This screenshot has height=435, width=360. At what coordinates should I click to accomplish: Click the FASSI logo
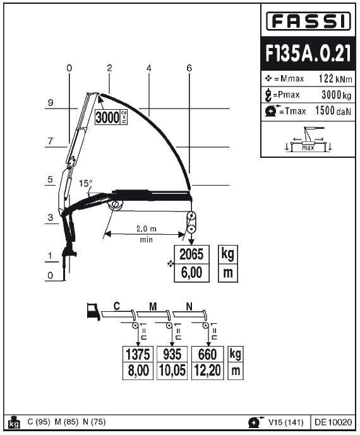click(308, 21)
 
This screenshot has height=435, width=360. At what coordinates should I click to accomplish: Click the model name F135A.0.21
click(308, 53)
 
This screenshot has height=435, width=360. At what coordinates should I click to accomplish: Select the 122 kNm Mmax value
click(335, 79)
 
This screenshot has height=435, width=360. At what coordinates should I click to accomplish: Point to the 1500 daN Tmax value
click(333, 111)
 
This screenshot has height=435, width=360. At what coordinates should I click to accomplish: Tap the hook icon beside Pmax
click(268, 95)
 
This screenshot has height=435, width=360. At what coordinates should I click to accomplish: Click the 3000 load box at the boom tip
click(111, 117)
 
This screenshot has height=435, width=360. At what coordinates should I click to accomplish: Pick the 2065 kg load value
click(191, 254)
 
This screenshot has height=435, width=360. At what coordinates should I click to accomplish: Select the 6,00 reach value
click(191, 273)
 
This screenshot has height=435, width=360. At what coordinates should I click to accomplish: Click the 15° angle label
click(85, 183)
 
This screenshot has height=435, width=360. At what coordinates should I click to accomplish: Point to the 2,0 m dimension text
click(147, 229)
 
